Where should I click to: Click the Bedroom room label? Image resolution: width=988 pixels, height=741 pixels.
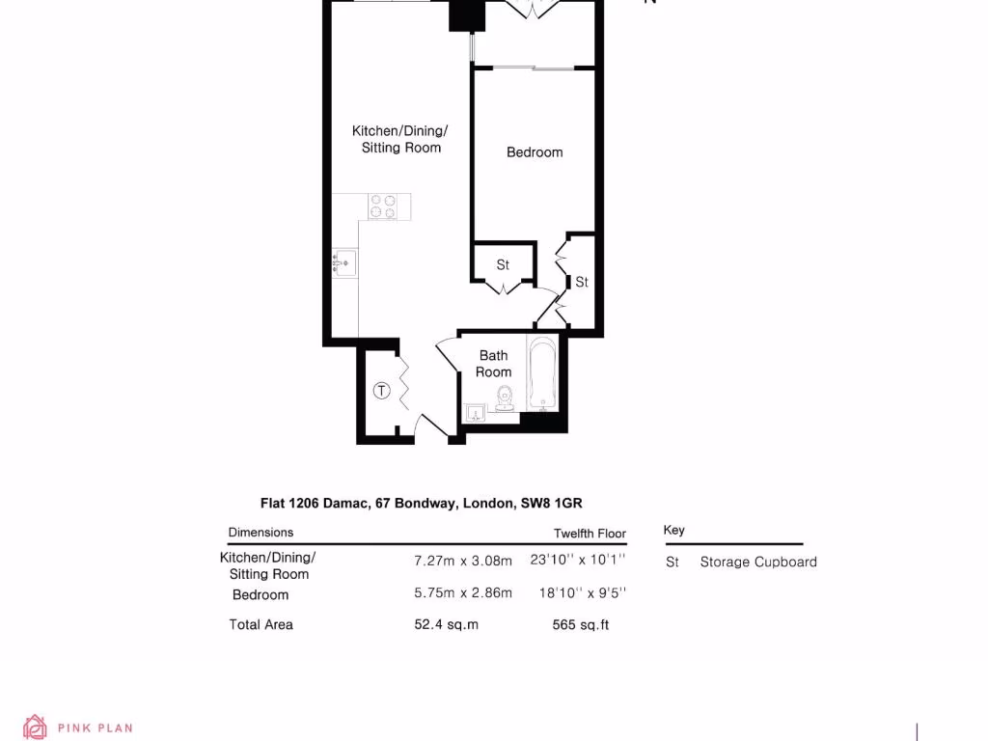(x=535, y=152)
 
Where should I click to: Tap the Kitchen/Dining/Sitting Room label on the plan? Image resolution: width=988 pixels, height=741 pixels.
(x=400, y=139)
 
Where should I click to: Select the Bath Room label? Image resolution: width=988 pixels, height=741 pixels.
(x=493, y=364)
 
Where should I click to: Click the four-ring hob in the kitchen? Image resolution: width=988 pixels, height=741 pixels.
(x=383, y=206)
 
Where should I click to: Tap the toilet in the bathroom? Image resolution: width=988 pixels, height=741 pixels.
(x=504, y=398)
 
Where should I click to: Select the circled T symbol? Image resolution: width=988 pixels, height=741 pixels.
(x=381, y=391)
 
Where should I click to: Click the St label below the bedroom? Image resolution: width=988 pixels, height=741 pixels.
(x=503, y=264)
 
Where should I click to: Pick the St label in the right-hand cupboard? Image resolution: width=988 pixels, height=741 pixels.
(x=582, y=283)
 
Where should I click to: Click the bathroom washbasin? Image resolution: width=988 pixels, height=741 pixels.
(x=475, y=414)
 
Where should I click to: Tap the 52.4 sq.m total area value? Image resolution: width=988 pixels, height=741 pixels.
(x=446, y=624)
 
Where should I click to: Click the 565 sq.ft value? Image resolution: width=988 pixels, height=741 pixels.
(x=580, y=624)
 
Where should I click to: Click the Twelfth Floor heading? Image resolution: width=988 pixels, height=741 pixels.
(x=590, y=534)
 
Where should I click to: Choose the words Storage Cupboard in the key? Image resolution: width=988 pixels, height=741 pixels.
(x=758, y=562)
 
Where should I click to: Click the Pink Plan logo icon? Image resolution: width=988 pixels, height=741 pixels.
(x=36, y=727)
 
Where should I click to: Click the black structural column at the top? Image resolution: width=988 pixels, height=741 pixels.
(x=465, y=16)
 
